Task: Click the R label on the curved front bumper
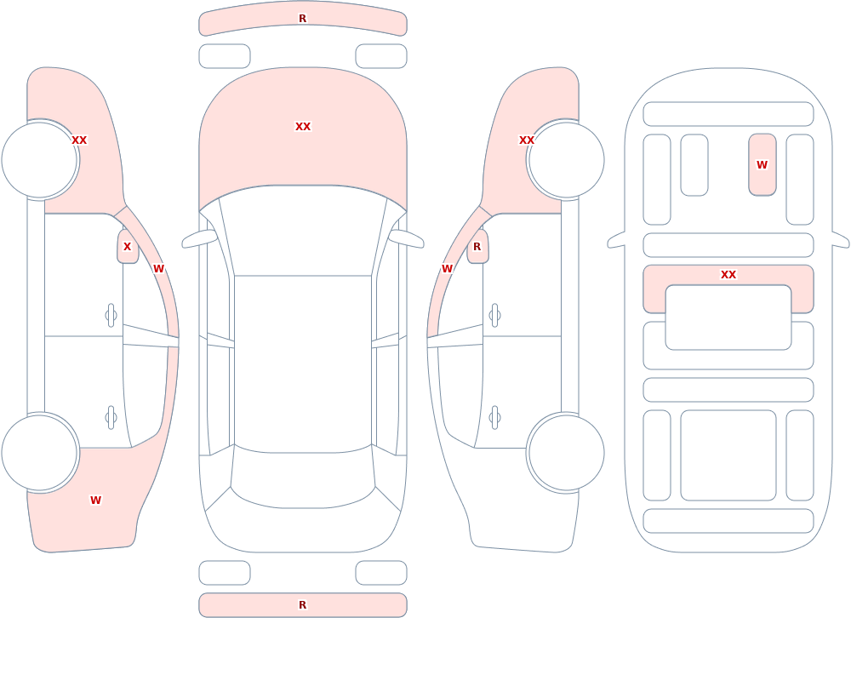302,19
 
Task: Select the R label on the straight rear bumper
302,605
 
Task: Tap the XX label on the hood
303,127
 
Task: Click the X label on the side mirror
127,247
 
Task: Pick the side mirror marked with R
477,247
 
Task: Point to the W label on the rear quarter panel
95,501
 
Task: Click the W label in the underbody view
762,164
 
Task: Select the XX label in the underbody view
728,275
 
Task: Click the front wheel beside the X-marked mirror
40,160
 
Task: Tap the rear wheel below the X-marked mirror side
40,452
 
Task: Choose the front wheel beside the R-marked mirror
566,160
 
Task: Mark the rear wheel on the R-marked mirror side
566,452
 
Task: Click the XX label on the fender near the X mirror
79,140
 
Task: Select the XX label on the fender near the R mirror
527,140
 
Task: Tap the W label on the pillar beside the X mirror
158,269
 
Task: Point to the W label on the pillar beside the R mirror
448,269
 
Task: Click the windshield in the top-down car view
303,231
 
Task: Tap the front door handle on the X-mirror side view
111,316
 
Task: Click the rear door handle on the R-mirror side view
494,418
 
